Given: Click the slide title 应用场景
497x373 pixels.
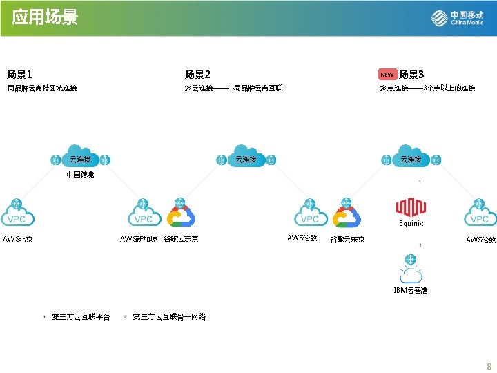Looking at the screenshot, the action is tap(45, 17).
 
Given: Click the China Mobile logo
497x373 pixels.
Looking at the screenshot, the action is tap(457, 18).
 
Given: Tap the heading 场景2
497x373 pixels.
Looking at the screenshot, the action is tap(197, 75).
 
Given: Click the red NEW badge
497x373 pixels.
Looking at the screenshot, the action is tap(387, 75).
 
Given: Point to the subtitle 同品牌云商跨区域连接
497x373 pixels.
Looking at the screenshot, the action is tap(42, 88).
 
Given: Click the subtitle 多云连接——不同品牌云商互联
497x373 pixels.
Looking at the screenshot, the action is tap(233, 88).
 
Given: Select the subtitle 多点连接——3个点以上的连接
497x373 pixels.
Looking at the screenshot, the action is tap(427, 88).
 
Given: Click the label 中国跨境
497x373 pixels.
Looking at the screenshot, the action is tap(80, 175).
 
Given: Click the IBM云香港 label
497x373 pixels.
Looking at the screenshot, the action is tap(411, 291).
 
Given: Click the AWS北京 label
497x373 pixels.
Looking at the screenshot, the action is tap(18, 240).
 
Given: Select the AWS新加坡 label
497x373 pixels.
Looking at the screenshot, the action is tap(139, 240).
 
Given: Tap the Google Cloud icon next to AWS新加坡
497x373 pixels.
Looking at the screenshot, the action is tap(182, 216).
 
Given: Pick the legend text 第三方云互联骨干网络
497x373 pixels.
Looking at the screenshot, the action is tap(169, 317).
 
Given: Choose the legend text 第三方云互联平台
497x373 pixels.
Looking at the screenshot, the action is tap(81, 317).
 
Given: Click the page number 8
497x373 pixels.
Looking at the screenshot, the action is tap(489, 366).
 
